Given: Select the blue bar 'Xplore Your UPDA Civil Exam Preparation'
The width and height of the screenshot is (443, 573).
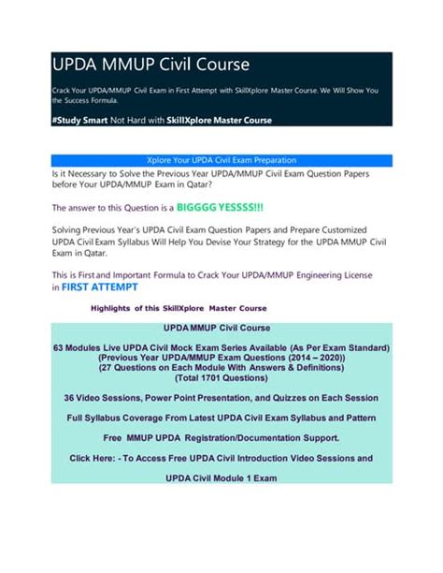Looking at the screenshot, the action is (x=221, y=160).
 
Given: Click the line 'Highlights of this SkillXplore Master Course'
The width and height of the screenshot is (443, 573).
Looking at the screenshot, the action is (x=178, y=308).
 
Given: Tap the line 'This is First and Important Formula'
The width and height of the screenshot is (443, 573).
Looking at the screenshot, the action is (x=215, y=274).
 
